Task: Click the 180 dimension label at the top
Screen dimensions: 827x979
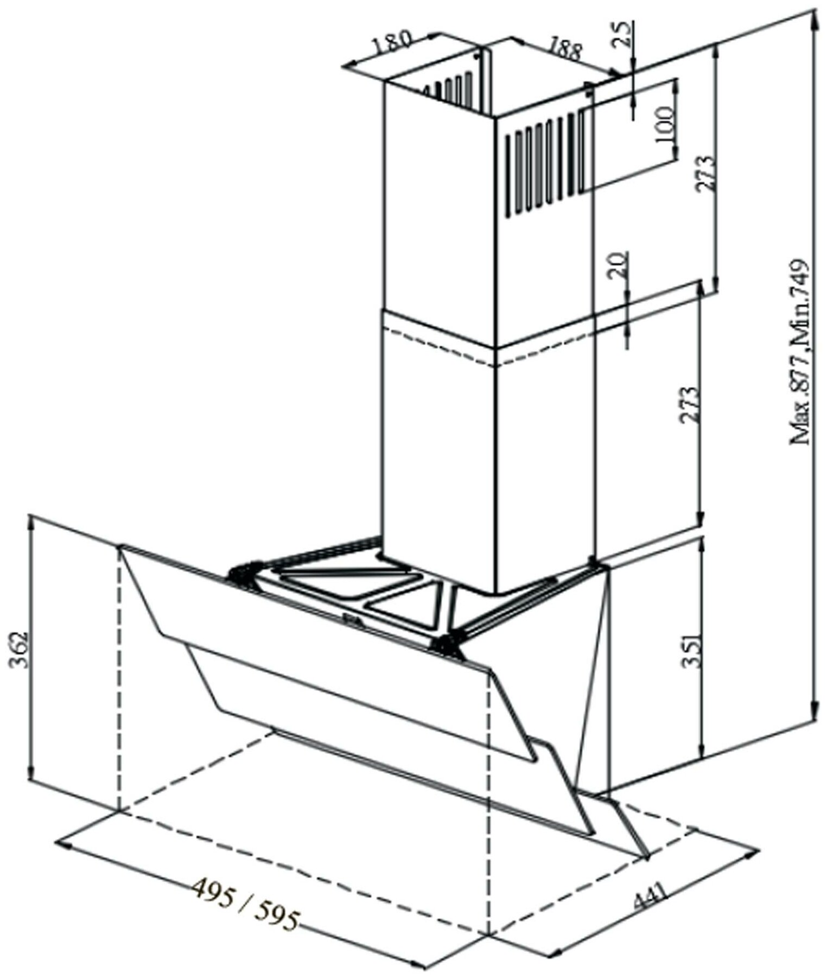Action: coord(392,42)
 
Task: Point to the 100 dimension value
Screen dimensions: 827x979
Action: coord(664,124)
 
